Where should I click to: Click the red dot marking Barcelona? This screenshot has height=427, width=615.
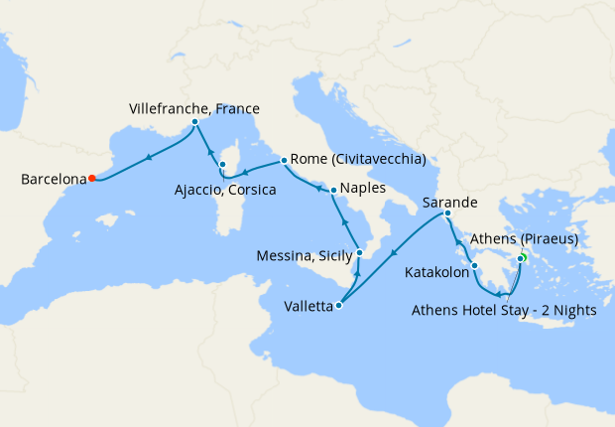[x=91, y=179]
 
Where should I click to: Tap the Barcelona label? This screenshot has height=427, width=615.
[x=51, y=180]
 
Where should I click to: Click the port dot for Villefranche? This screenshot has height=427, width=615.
[x=194, y=122]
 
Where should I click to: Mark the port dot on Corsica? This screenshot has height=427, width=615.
[x=223, y=166]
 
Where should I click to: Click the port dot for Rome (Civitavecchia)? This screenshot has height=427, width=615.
[x=285, y=159]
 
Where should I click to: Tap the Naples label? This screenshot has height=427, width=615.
[x=364, y=188]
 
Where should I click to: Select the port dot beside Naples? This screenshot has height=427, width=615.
[x=333, y=189]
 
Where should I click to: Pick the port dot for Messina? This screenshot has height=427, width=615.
[x=359, y=253]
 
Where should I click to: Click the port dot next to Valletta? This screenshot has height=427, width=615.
[x=339, y=306]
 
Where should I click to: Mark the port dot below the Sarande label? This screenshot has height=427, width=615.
[x=448, y=213]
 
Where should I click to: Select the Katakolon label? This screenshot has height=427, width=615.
[x=436, y=270]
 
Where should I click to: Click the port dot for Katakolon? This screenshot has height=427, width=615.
[x=475, y=266]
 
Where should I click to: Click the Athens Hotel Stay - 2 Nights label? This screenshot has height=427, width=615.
[x=503, y=310]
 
